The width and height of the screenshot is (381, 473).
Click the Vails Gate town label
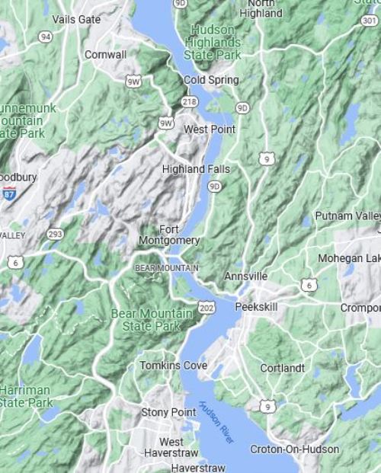tap(76, 19)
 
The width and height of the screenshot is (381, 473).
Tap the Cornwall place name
tap(106, 55)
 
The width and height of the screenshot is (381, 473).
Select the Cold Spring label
tap(211, 80)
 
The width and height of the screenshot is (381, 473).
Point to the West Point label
tap(210, 129)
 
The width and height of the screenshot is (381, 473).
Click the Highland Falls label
tap(196, 168)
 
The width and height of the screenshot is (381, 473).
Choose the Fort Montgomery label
tap(169, 235)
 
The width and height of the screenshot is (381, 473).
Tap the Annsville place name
tap(245, 276)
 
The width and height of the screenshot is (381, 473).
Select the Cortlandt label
tap(282, 368)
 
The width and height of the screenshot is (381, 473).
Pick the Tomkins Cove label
tap(173, 366)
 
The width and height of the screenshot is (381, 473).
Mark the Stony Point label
tap(168, 412)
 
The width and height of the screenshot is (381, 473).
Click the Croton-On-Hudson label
tap(295, 449)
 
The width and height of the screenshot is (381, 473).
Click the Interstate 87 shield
tap(9, 193)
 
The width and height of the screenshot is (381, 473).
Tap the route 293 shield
tap(55, 234)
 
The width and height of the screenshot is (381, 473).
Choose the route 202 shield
tap(207, 307)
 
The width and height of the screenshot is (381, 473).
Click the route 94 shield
tap(46, 36)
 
